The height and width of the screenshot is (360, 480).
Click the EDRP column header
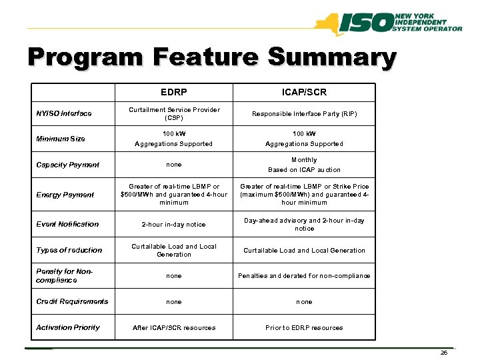[x=173, y=92]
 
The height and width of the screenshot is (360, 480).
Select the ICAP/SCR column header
[x=304, y=92]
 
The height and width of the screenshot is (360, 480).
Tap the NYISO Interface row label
[x=64, y=113]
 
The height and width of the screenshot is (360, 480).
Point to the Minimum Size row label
[x=61, y=139]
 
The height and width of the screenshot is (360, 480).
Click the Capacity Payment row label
[x=67, y=165]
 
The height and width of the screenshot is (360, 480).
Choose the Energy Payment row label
[x=65, y=195]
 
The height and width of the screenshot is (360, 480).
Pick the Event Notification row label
[x=67, y=224]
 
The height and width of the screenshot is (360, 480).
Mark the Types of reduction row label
[x=69, y=250]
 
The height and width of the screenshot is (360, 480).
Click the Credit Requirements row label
[x=72, y=301]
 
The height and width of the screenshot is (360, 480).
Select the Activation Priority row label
[x=68, y=327]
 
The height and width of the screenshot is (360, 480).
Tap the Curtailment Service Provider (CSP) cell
[x=174, y=113]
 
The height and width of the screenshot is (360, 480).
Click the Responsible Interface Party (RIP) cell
[x=304, y=114]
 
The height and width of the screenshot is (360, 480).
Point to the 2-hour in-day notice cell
[x=173, y=225]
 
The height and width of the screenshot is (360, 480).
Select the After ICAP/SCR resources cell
[x=173, y=327]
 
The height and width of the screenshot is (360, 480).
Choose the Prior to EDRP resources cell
[x=304, y=327]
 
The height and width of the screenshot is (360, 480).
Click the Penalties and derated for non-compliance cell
[x=304, y=276]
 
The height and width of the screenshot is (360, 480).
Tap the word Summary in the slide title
[x=331, y=58]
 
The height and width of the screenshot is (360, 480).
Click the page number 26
[x=444, y=353]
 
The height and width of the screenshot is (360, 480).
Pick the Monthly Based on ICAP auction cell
[x=304, y=165]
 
